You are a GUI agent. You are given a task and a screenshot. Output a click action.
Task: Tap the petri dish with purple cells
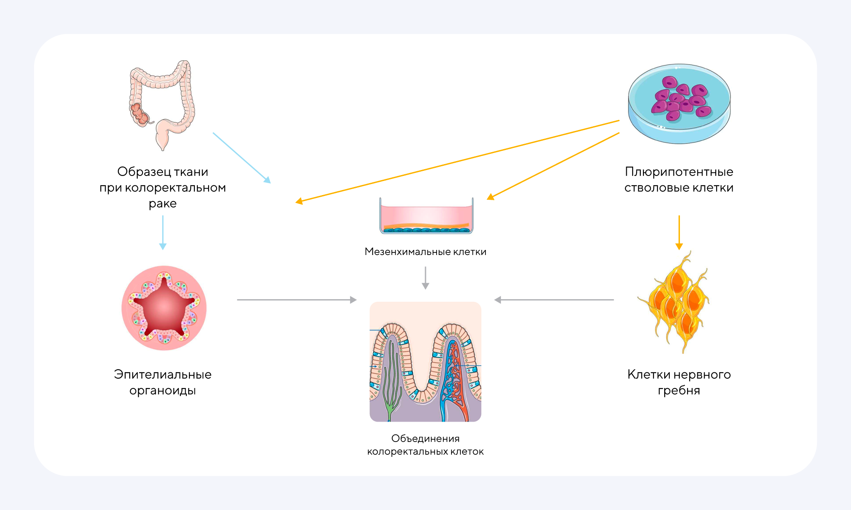pyautogui.click(x=679, y=104)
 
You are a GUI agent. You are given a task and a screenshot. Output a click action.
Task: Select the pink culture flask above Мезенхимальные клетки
pyautogui.click(x=426, y=216)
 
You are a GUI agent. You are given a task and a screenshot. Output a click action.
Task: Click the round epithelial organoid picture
pyautogui.click(x=164, y=308)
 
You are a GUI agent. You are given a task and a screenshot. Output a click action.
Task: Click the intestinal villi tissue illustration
pyautogui.click(x=425, y=362)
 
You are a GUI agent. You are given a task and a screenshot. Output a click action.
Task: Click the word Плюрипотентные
pyautogui.click(x=679, y=172)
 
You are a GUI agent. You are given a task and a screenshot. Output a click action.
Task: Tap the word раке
pyautogui.click(x=163, y=204)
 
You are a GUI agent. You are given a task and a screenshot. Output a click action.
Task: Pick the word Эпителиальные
pyautogui.click(x=163, y=374)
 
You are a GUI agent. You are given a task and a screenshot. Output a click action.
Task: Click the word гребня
pyautogui.click(x=679, y=391)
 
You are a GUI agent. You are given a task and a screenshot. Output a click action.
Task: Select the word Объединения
pyautogui.click(x=425, y=439)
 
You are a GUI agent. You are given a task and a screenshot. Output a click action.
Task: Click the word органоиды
pyautogui.click(x=163, y=391)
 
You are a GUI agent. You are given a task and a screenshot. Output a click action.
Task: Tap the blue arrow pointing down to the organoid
pyautogui.click(x=163, y=232)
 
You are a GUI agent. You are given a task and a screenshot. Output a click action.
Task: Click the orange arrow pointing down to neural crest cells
pyautogui.click(x=679, y=232)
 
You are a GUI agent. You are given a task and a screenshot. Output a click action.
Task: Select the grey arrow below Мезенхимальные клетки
pyautogui.click(x=425, y=278)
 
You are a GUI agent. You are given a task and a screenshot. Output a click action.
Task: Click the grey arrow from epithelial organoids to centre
pyautogui.click(x=297, y=300)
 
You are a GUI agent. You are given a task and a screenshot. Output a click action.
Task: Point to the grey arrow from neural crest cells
pyautogui.click(x=554, y=300)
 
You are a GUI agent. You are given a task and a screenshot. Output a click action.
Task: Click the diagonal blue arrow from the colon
pyautogui.click(x=242, y=158)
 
